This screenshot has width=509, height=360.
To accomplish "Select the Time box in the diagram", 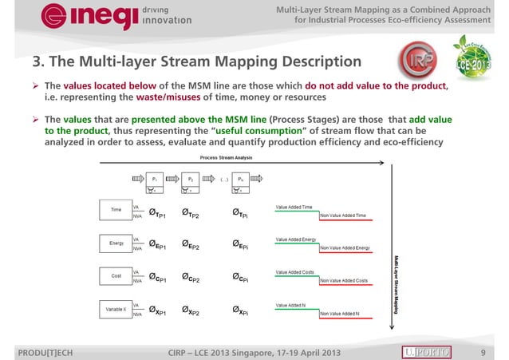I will (116, 211).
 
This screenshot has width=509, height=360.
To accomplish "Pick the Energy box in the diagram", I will (116, 243).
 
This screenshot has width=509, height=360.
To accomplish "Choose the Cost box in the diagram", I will (116, 275).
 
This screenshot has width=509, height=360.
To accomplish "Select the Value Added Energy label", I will (296, 239).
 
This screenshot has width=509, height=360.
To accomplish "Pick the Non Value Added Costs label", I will (343, 281).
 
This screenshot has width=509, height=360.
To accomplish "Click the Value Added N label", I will (290, 305).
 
